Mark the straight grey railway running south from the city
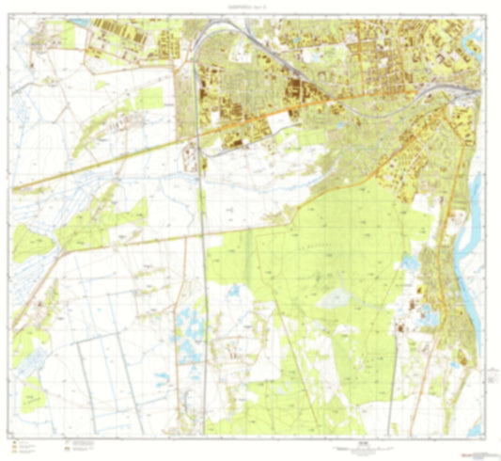point(204,282)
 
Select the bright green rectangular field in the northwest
point(149,97)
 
